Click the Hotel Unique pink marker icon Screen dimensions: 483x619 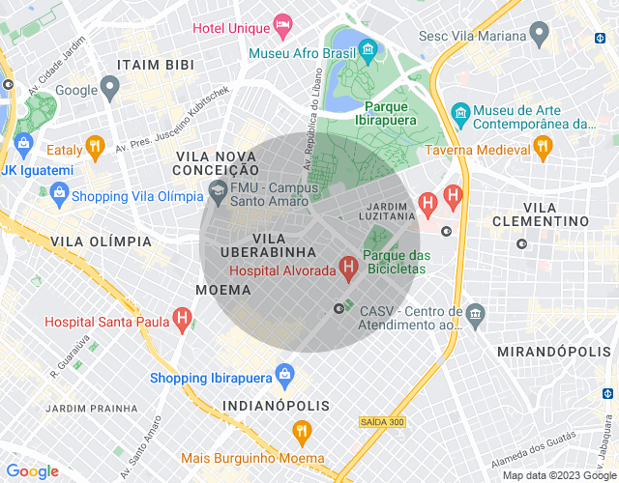click(x=282, y=23)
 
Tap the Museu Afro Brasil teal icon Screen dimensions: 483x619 click(x=368, y=50)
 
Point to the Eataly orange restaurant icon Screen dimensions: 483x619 click(x=94, y=148)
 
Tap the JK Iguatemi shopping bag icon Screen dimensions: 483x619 click(x=24, y=148)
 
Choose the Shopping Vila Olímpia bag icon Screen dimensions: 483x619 click(x=60, y=194)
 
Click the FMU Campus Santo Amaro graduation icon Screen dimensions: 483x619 click(x=216, y=193)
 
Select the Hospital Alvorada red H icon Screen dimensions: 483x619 click(x=348, y=265)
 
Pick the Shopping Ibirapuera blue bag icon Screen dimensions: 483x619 click(x=284, y=373)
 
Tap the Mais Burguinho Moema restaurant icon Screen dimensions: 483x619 click(x=303, y=431)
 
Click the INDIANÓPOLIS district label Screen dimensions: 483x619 click(x=276, y=406)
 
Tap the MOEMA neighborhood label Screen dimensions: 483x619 click(x=223, y=290)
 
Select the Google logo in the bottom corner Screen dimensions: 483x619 click(x=32, y=470)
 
